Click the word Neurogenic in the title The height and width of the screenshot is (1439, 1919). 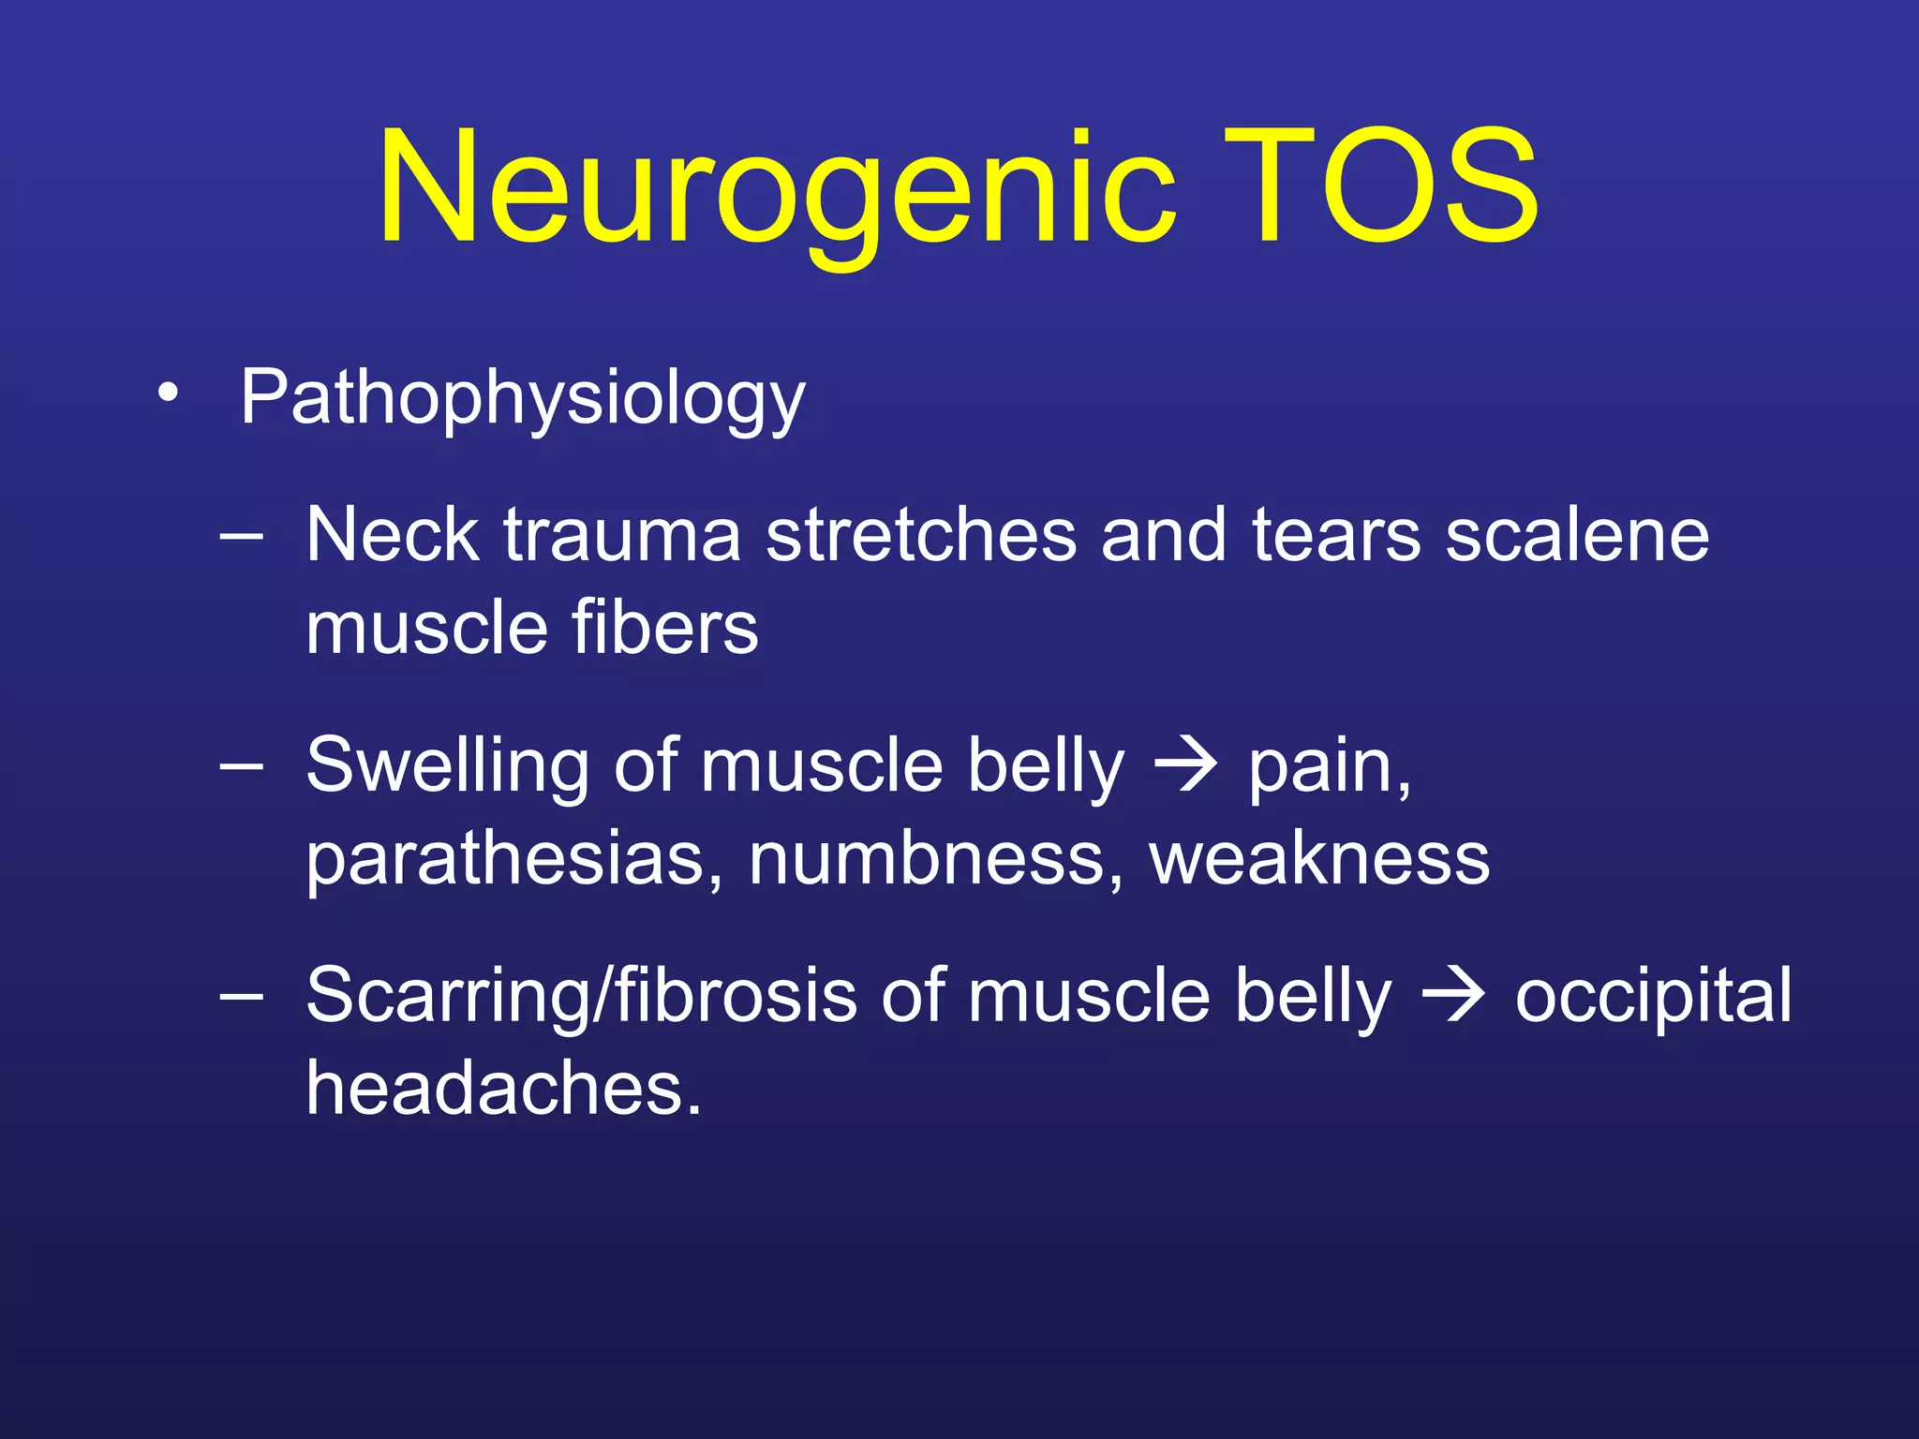(x=776, y=187)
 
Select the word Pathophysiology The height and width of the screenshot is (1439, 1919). (x=522, y=397)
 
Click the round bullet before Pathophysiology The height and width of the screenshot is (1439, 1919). (x=167, y=393)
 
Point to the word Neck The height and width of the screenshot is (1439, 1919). (x=393, y=535)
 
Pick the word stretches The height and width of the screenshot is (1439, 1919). (x=921, y=535)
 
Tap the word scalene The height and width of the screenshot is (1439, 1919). (x=1577, y=535)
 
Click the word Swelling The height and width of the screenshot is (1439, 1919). (x=447, y=764)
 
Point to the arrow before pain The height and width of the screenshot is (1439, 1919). (x=1186, y=766)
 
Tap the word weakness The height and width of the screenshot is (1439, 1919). (x=1319, y=858)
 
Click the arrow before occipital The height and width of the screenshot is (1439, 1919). (x=1453, y=997)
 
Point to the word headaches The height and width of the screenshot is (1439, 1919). (x=503, y=1088)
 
